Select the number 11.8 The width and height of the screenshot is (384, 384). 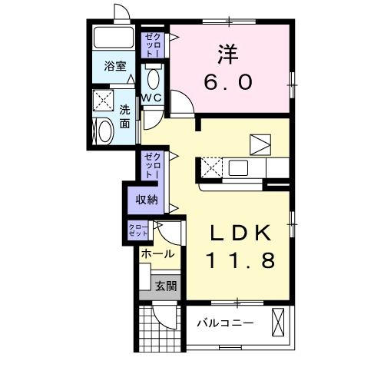pos(239,261)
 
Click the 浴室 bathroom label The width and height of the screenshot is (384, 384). pos(114,67)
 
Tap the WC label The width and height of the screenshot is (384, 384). pos(151,98)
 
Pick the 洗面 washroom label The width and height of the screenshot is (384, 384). pos(125,114)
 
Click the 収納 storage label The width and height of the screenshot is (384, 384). pos(147,200)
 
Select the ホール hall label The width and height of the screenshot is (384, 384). pos(157,254)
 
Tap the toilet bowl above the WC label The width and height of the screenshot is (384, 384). pos(152,79)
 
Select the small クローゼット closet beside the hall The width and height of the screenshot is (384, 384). pos(138,230)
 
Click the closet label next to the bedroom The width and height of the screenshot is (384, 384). pos(152,45)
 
